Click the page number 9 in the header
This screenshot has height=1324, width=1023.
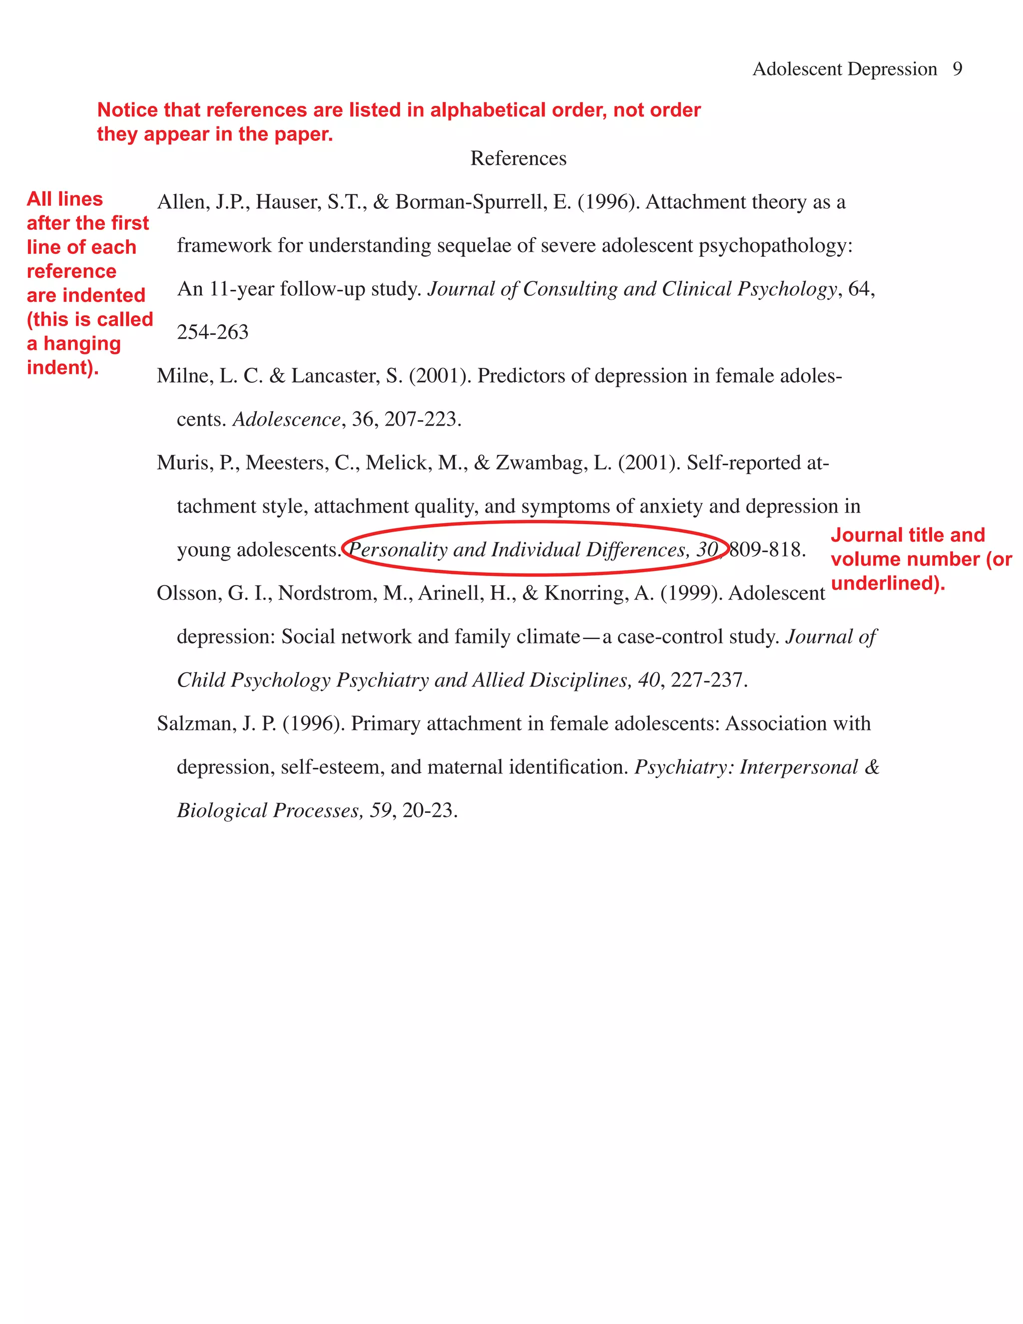click(957, 69)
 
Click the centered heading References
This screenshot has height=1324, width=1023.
click(518, 158)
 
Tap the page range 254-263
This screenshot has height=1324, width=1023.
click(213, 332)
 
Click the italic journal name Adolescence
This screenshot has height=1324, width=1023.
click(287, 419)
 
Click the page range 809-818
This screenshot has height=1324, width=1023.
click(767, 549)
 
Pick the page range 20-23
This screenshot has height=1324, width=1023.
click(429, 810)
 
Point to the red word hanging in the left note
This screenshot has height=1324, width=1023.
click(82, 344)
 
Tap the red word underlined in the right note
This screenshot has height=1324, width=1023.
click(887, 583)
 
